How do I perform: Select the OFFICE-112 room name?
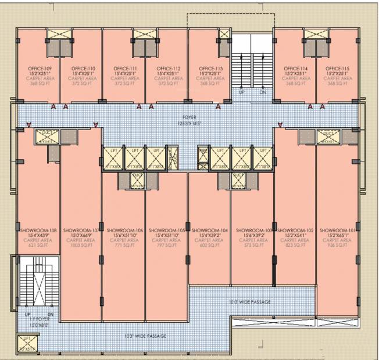169,68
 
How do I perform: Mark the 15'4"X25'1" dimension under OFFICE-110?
83,73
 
